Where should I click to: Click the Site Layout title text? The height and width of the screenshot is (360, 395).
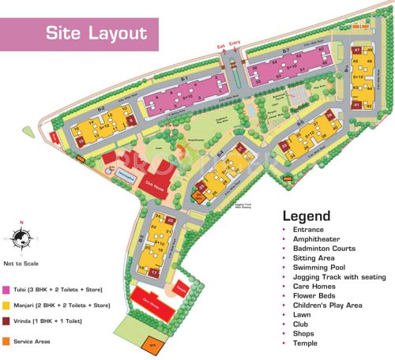point(96,32)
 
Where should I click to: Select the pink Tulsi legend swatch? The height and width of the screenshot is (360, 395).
point(7,291)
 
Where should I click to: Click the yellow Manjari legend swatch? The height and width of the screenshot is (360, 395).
point(7,306)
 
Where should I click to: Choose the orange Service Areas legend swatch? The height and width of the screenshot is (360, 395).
point(7,341)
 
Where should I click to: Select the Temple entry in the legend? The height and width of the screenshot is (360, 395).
point(307,343)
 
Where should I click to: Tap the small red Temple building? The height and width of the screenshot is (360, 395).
point(182,287)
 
